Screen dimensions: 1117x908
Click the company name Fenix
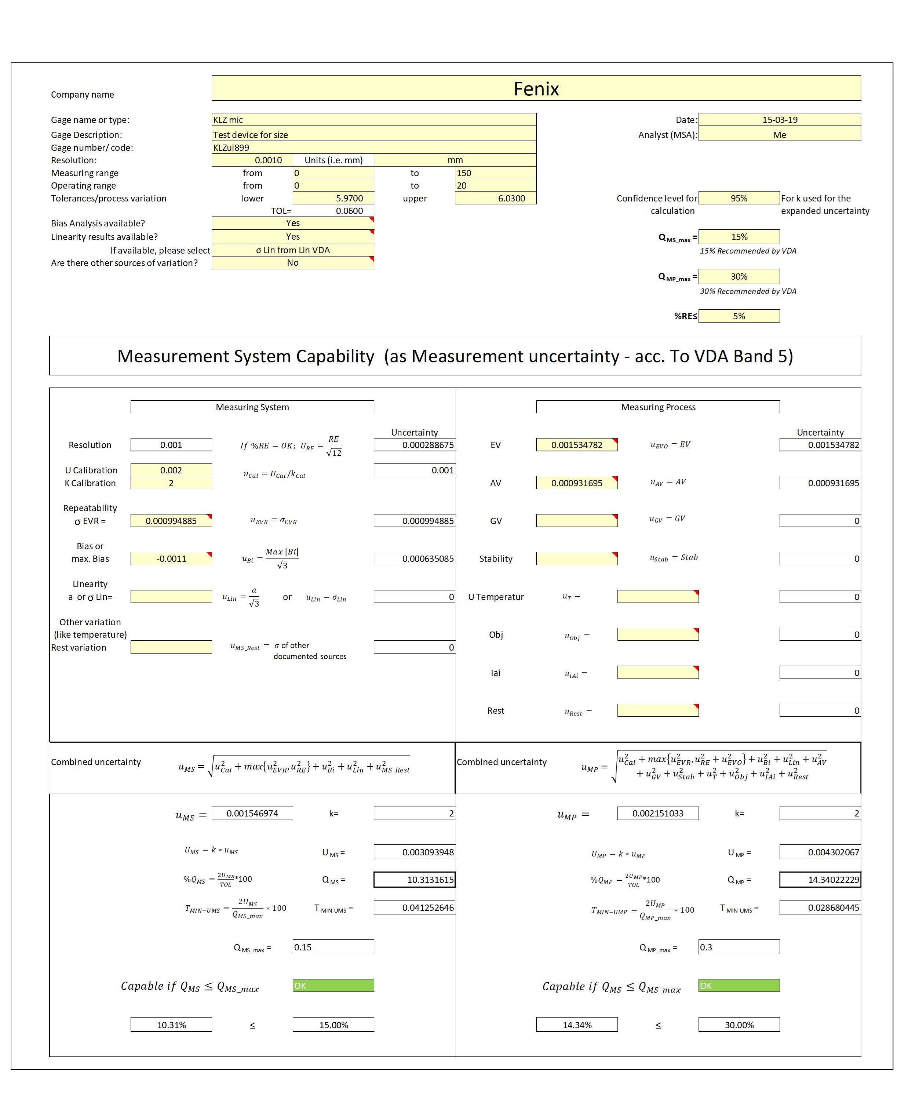pos(536,88)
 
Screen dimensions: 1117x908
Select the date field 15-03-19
pos(779,120)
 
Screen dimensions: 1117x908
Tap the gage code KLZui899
pos(373,148)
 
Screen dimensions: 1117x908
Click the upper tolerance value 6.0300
pos(495,198)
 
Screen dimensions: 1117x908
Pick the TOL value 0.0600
pos(333,211)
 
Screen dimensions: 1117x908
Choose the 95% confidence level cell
pos(739,198)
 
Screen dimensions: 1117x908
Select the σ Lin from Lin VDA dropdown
pos(292,250)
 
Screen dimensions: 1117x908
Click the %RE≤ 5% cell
pos(739,316)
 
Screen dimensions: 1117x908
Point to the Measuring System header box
pos(252,407)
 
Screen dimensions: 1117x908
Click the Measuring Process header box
pos(657,407)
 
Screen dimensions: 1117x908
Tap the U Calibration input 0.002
pos(171,470)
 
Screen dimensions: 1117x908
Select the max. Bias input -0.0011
pos(171,559)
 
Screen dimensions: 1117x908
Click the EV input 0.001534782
pos(576,445)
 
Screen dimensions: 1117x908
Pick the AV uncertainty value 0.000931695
pos(820,483)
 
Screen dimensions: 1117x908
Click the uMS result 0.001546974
pos(252,813)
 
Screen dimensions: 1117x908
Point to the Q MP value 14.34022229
pos(820,880)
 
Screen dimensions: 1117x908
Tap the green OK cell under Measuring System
pos(333,986)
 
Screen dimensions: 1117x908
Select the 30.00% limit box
pos(739,1025)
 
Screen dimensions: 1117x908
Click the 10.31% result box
pos(171,1025)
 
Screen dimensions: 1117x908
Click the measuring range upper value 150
pos(495,173)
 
